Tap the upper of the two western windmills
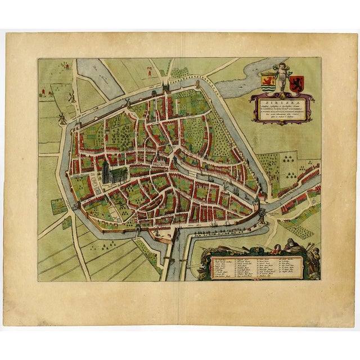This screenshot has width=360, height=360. [71, 97]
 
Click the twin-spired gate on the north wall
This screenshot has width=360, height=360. [165, 88]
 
